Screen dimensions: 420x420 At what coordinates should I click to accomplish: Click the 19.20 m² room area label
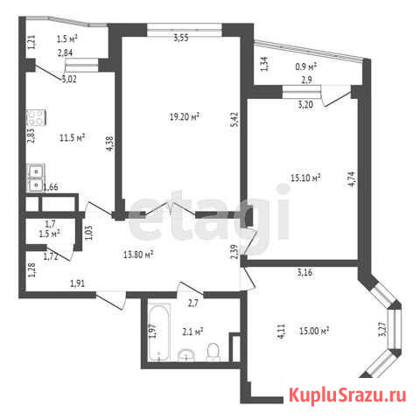coord(185,116)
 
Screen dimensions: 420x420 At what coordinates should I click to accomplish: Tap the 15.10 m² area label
coord(305,178)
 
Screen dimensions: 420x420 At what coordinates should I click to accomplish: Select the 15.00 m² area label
coord(314,331)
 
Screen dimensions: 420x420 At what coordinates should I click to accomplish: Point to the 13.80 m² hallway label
coord(138,255)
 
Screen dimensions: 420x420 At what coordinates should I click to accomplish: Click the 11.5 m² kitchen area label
coord(72,137)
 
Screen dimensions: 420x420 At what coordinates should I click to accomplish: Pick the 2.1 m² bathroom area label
coord(192,332)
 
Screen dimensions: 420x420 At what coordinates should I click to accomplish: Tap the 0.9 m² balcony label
coord(306,66)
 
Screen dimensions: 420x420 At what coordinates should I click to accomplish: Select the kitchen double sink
coord(36,178)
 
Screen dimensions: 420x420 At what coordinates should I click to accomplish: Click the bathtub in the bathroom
coord(159,332)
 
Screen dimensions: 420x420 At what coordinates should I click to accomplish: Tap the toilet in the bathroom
coord(213,352)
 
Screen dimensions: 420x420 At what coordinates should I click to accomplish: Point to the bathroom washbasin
coord(186,355)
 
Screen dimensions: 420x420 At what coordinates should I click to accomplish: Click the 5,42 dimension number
coord(234,119)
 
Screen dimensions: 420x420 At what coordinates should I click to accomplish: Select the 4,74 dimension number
coord(353,178)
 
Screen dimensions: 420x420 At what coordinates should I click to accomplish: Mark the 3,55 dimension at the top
coord(181,38)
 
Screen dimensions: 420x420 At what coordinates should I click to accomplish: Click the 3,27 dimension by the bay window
coord(382,329)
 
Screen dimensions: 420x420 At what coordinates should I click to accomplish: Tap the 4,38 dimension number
coord(109,143)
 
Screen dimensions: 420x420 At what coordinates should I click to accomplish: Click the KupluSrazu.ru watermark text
coord(347,395)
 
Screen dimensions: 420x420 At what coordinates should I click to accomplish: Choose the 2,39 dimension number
coord(234,251)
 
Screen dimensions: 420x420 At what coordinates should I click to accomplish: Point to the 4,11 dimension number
coord(282,331)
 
